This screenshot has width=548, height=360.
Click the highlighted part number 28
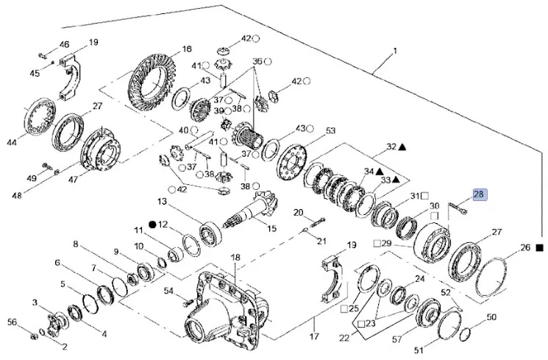click(x=479, y=194)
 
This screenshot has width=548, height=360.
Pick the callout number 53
click(x=330, y=131)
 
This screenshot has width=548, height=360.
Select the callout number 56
click(x=11, y=322)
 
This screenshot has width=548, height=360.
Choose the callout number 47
click(x=73, y=178)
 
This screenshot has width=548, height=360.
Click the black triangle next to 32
click(x=404, y=147)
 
